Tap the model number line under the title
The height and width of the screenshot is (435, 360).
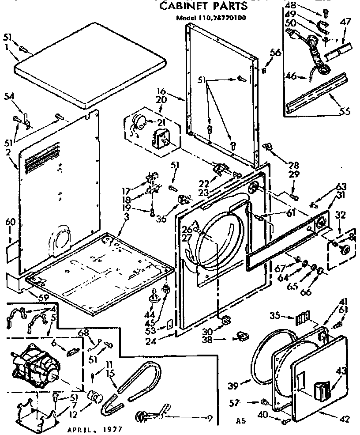click(211, 18)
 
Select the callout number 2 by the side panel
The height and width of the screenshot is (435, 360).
click(9, 153)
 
